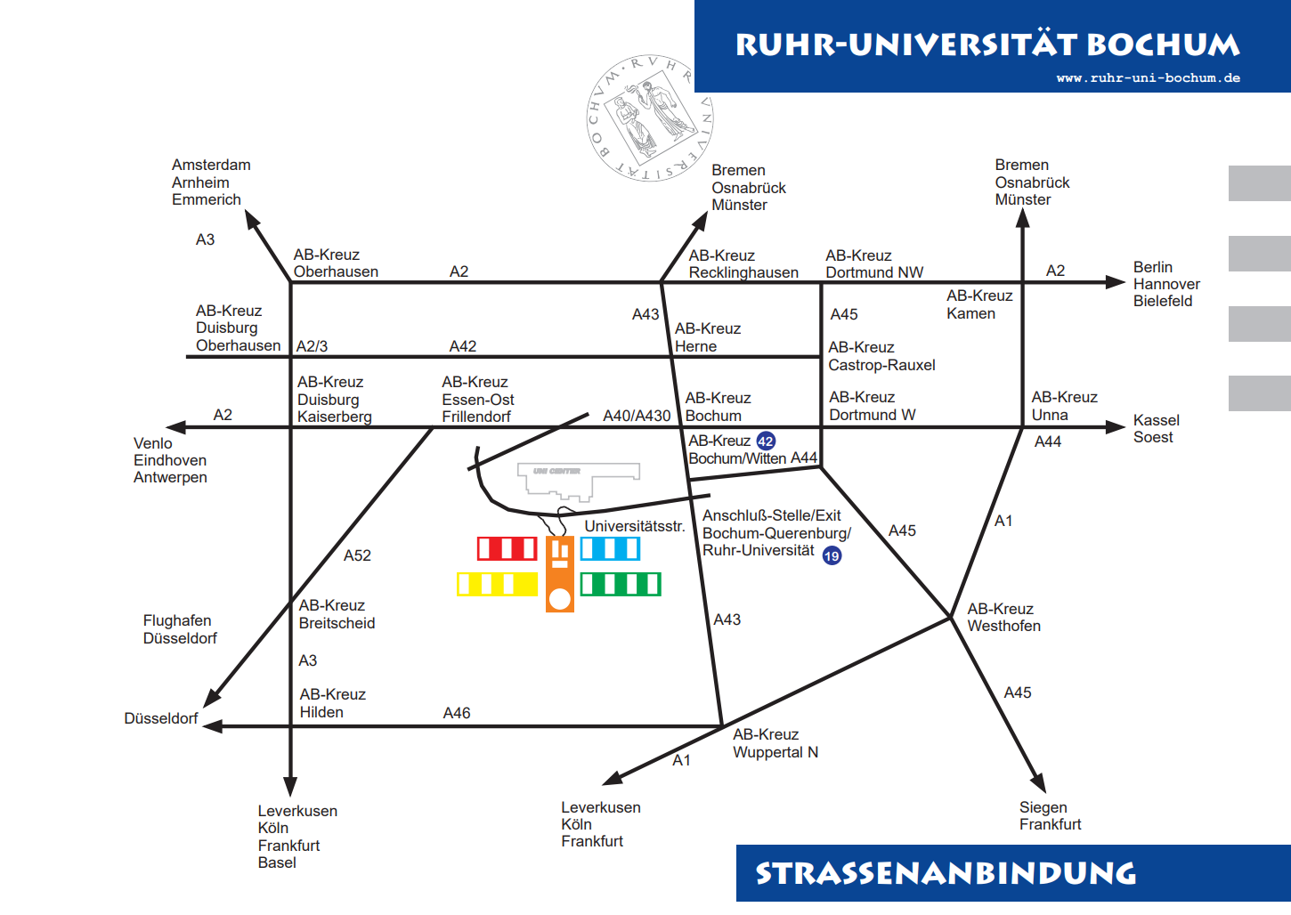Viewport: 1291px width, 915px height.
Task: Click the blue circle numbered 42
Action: [x=766, y=441]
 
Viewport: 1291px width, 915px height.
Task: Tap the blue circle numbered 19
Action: [x=832, y=555]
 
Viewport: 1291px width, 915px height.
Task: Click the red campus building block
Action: [x=507, y=548]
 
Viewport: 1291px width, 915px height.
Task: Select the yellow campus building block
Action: [x=497, y=584]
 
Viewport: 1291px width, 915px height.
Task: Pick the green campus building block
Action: [x=621, y=584]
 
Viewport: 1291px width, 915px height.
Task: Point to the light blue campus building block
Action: [x=610, y=548]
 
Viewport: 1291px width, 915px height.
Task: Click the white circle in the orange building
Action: [x=560, y=599]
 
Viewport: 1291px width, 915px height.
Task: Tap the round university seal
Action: [x=650, y=117]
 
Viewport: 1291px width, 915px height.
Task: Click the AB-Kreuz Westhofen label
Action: [x=1003, y=617]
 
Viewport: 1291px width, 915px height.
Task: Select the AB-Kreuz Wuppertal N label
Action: [x=775, y=743]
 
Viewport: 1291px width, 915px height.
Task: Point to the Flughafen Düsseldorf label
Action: [x=179, y=629]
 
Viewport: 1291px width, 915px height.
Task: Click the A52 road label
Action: [x=357, y=555]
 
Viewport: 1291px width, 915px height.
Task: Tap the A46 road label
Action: [x=457, y=713]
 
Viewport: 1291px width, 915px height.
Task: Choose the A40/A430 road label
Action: [x=637, y=416]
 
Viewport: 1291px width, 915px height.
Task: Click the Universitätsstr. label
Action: [x=635, y=526]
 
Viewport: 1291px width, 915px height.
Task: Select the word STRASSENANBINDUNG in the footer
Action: [x=946, y=873]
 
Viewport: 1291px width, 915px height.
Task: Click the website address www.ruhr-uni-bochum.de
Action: [x=1148, y=77]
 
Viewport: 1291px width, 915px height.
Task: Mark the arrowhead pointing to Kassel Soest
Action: [x=1116, y=427]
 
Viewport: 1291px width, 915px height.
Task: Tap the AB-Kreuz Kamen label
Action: [x=978, y=304]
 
